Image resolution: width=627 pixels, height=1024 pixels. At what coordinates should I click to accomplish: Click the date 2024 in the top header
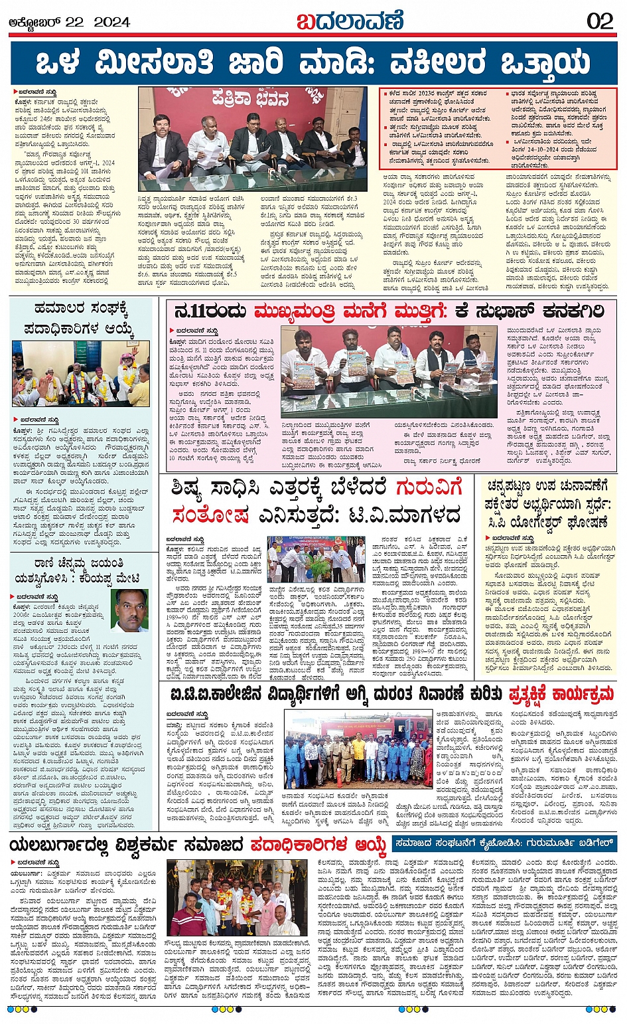tap(111, 22)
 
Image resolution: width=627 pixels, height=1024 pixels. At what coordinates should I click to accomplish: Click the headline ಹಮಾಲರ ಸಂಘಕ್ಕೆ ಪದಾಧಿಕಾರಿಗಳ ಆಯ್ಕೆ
tap(84, 319)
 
